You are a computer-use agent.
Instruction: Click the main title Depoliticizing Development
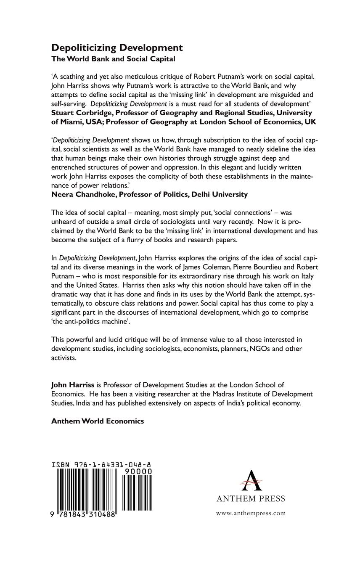pos(117,48)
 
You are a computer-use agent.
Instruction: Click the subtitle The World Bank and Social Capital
pos(113,59)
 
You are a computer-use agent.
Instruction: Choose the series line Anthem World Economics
pos(98,421)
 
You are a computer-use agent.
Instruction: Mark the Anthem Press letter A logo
pos(251,480)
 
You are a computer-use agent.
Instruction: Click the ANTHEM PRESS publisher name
pos(251,499)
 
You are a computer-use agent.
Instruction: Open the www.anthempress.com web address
pos(251,513)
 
